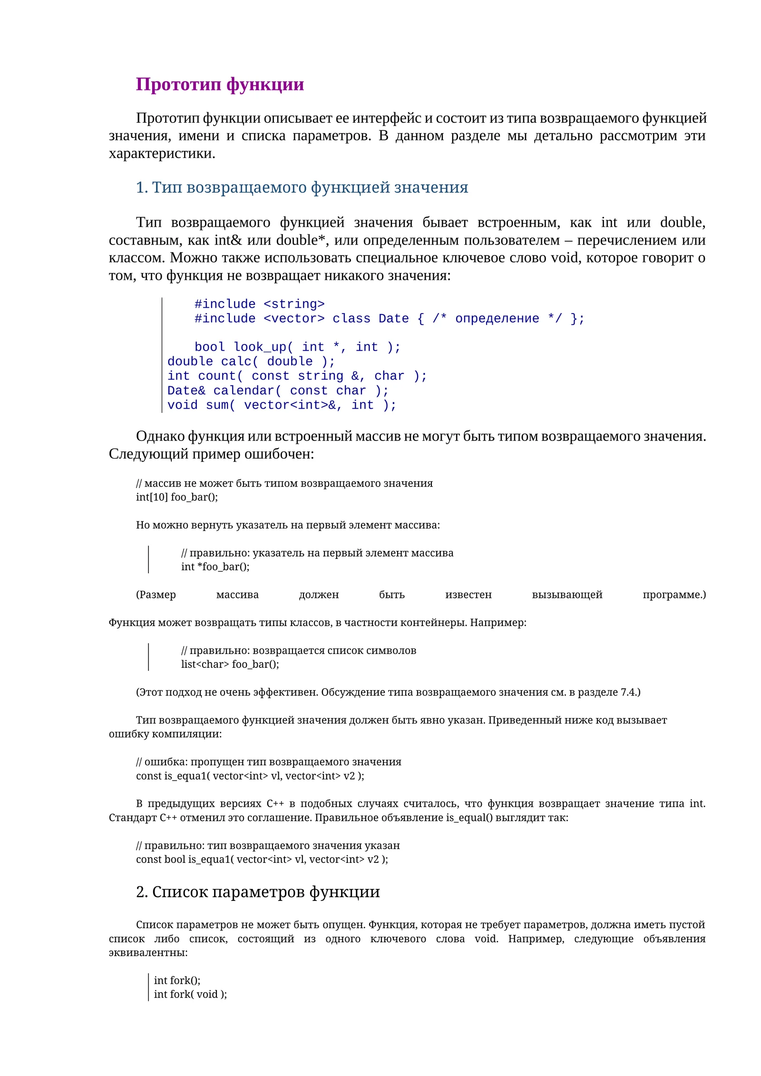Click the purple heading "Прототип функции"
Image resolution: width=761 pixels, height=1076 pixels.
[x=220, y=85]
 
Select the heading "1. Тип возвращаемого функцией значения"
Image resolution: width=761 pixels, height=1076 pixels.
[x=302, y=187]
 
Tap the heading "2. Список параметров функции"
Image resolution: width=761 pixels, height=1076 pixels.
[x=258, y=892]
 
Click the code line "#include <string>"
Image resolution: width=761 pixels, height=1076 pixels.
[x=259, y=304]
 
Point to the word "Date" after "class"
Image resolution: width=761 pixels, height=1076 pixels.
[x=393, y=319]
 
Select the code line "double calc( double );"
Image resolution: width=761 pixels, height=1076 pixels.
[x=251, y=362]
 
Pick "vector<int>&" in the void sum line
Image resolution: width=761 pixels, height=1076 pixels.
[x=293, y=405]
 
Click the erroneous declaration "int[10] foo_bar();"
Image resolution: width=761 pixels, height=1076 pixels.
[x=177, y=497]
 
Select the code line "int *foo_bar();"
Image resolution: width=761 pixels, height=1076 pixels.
[x=215, y=567]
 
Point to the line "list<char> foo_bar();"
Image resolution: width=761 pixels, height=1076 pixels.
[x=230, y=664]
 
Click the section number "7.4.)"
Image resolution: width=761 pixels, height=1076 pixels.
[x=631, y=692]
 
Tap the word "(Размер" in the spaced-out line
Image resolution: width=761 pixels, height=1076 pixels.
[x=156, y=595]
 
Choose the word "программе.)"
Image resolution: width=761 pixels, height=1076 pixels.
[x=674, y=595]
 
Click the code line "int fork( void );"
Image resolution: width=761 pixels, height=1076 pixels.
[x=190, y=994]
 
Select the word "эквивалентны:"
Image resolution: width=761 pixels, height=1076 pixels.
[x=148, y=953]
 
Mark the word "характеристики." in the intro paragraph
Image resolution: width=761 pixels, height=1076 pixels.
[x=162, y=154]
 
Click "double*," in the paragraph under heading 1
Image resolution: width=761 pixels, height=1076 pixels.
[x=302, y=240]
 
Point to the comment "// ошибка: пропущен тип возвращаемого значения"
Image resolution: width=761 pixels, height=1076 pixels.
[x=268, y=762]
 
